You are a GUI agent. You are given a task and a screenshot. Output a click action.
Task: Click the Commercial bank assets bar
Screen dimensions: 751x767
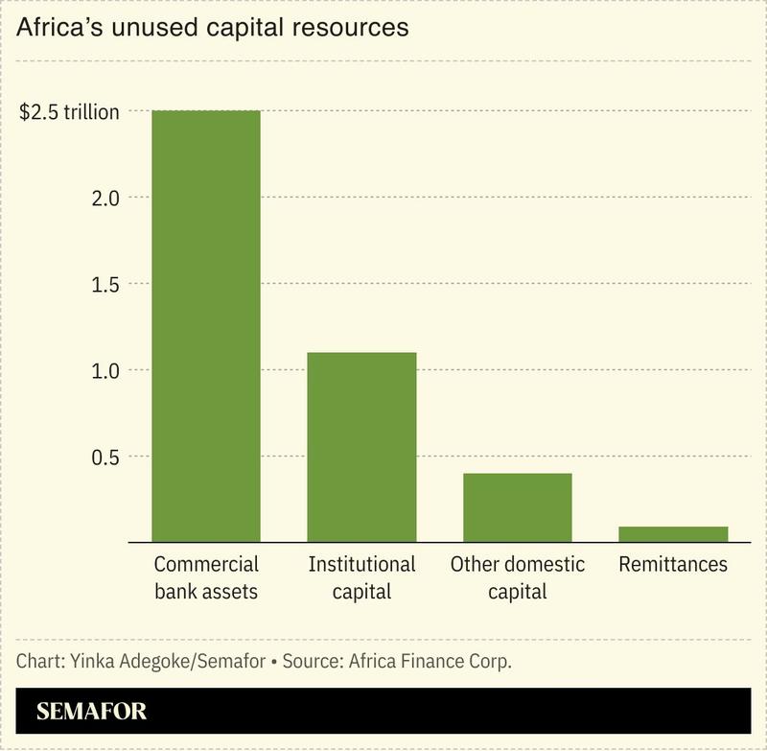[x=206, y=326]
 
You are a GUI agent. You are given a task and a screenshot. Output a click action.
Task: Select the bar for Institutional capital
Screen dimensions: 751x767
[x=361, y=447]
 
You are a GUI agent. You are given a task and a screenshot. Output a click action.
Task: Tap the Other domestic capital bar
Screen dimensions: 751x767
[x=517, y=507]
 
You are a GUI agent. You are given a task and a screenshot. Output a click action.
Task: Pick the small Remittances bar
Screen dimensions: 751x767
[x=673, y=534]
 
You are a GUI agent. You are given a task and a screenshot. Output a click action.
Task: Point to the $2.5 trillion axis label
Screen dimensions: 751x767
[x=70, y=111]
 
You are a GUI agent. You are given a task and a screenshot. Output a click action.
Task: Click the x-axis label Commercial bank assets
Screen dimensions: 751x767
[x=206, y=577]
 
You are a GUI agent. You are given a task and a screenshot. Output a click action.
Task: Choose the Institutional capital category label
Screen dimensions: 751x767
[x=361, y=577]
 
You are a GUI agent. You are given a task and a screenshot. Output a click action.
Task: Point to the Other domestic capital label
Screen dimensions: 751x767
[x=517, y=577]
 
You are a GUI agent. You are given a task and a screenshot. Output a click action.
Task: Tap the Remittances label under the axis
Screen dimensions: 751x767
[x=673, y=564]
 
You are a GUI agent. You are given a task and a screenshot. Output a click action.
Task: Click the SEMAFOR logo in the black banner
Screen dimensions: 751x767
[x=92, y=713]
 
